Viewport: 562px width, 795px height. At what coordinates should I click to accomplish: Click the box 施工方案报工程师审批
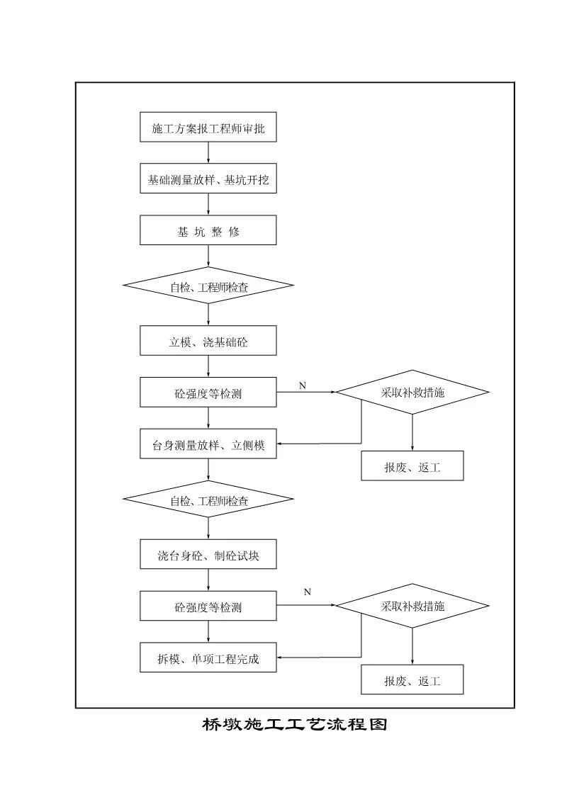pos(208,128)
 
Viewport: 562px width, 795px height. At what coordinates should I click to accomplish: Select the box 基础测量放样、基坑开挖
pos(208,179)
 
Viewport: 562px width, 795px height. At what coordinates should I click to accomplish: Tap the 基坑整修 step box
pos(208,231)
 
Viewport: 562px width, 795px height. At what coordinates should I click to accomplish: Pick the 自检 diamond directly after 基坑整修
pos(208,286)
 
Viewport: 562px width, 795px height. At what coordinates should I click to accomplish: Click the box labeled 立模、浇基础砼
pos(208,341)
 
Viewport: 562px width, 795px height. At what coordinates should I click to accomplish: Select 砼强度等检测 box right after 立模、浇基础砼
pos(208,393)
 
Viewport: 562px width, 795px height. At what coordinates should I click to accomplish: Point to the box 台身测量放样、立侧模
pos(208,444)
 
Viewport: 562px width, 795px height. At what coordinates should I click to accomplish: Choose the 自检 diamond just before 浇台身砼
pos(208,500)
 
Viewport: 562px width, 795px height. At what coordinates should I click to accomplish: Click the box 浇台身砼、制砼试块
pos(208,555)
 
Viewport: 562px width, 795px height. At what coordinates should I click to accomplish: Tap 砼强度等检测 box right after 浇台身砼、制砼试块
pos(208,607)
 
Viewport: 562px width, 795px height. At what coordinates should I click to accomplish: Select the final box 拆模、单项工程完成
pos(208,658)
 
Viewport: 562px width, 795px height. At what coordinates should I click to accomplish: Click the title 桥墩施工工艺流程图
pos(294,724)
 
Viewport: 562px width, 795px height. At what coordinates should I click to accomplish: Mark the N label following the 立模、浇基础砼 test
pos(303,385)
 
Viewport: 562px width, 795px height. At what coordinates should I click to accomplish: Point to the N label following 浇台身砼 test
pos(307,592)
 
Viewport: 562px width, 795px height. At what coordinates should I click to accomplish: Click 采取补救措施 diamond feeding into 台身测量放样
pos(412,392)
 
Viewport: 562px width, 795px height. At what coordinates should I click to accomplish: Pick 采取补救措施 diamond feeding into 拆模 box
pos(412,606)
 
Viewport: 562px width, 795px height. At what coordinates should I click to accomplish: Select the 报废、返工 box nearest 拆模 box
pos(412,680)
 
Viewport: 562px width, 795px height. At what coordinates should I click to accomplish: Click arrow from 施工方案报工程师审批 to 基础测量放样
pos(208,153)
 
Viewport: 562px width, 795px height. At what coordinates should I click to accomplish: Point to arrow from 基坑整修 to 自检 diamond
pos(208,256)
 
